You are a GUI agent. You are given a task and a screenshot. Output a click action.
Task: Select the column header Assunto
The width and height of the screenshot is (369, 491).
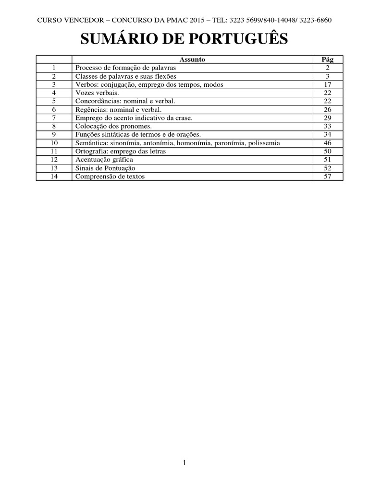tap(192, 59)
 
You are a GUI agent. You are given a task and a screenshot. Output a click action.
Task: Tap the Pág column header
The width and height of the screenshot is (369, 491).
tap(328, 59)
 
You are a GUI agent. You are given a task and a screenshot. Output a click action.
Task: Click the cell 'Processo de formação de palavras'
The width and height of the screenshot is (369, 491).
tap(126, 68)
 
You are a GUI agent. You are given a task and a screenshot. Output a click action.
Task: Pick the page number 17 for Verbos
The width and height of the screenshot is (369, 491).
tap(328, 84)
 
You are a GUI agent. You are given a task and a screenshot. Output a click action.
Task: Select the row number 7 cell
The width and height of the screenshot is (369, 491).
tap(54, 117)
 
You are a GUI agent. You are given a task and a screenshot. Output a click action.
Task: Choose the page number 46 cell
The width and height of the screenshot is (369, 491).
tap(328, 143)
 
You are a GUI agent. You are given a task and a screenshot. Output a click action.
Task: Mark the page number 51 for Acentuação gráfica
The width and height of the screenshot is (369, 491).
tap(328, 159)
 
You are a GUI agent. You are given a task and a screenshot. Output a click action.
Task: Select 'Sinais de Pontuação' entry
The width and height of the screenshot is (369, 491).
tap(105, 168)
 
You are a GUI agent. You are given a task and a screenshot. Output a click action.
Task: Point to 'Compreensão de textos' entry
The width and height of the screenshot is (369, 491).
tap(110, 176)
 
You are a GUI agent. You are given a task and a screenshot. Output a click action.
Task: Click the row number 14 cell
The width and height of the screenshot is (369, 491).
tap(54, 176)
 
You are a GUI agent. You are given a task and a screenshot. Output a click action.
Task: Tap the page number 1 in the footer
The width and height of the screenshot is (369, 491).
tap(184, 463)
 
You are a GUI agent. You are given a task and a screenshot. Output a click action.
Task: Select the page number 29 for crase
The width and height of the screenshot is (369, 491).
tap(328, 117)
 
